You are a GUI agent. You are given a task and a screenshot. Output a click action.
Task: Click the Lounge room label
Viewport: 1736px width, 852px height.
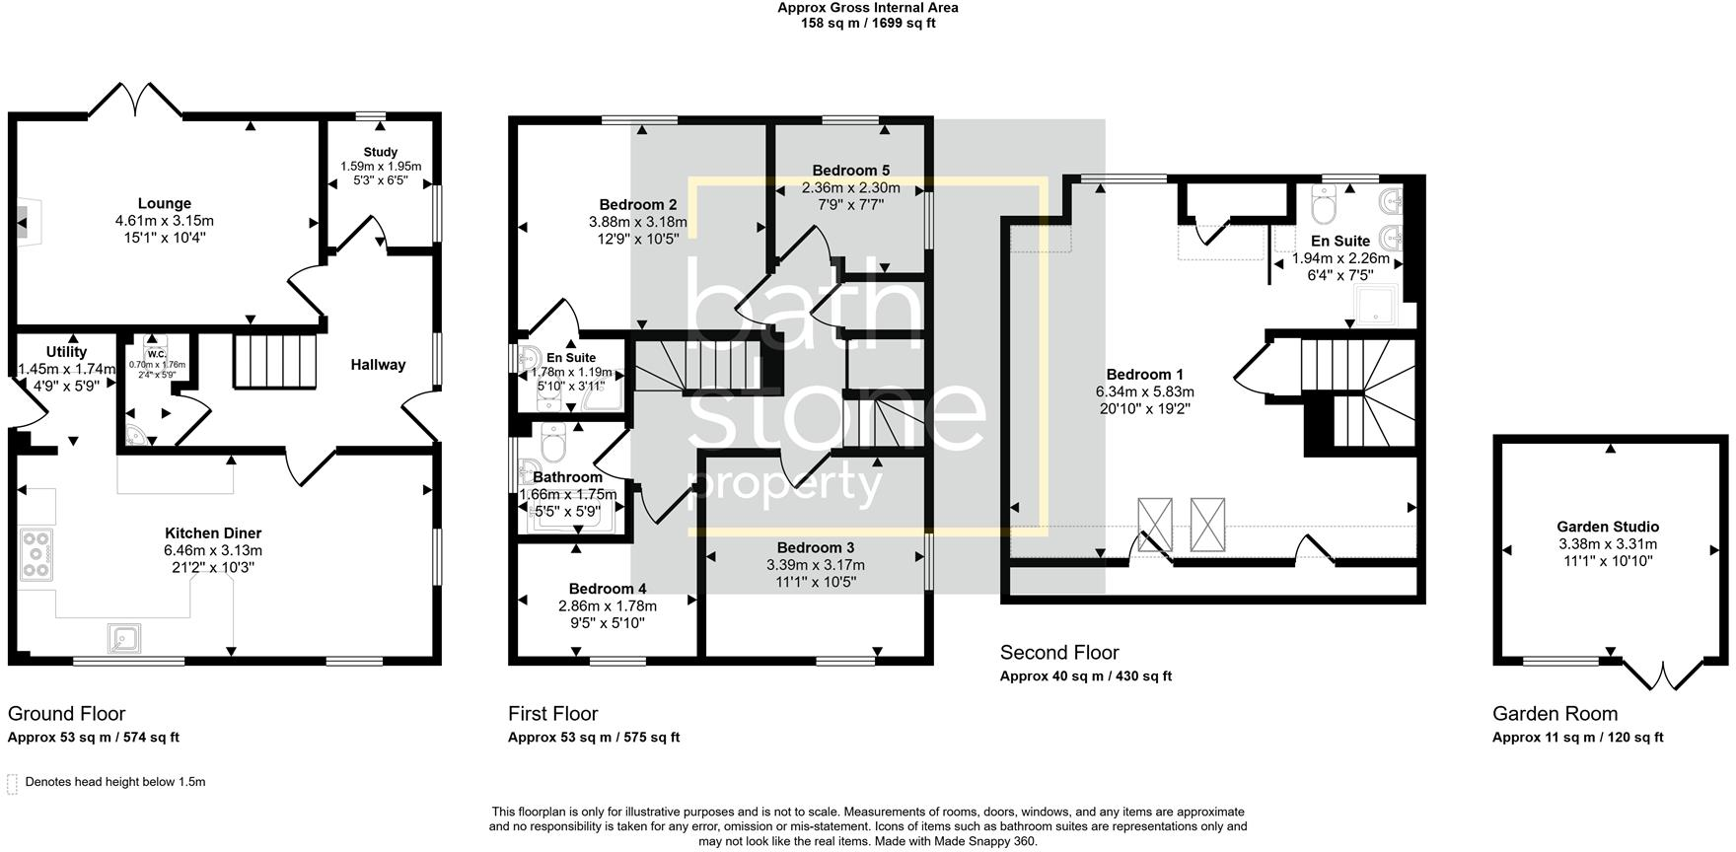tap(165, 204)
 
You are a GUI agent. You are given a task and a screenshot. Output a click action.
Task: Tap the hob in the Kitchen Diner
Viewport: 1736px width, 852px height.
tap(36, 554)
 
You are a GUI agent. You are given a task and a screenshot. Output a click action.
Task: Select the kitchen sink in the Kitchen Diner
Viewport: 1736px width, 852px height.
tap(126, 639)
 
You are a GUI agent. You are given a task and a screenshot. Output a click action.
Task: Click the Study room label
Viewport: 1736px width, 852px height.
tap(381, 152)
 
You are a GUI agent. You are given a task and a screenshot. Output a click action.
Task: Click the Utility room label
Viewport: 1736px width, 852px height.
tap(66, 352)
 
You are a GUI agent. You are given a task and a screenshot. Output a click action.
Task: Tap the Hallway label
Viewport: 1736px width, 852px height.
tap(378, 365)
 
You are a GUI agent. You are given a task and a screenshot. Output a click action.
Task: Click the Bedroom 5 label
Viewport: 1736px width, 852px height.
tap(850, 171)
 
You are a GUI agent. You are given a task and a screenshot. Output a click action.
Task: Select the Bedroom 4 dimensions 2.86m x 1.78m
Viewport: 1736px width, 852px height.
tap(607, 606)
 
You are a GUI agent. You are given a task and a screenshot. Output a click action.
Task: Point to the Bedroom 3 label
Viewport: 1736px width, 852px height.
tap(815, 548)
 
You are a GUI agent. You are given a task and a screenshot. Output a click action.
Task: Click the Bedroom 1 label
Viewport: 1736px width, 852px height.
tap(1144, 375)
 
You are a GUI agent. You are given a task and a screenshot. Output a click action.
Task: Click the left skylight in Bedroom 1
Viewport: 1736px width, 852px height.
tap(1154, 525)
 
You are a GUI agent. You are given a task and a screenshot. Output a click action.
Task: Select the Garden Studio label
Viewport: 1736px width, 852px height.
tap(1608, 527)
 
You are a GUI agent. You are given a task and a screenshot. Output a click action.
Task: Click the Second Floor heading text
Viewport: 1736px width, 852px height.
tap(1059, 653)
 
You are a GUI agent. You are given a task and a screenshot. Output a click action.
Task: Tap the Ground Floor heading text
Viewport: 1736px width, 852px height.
tap(66, 713)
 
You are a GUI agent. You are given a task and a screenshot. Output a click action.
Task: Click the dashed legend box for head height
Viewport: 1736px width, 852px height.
tap(13, 784)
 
